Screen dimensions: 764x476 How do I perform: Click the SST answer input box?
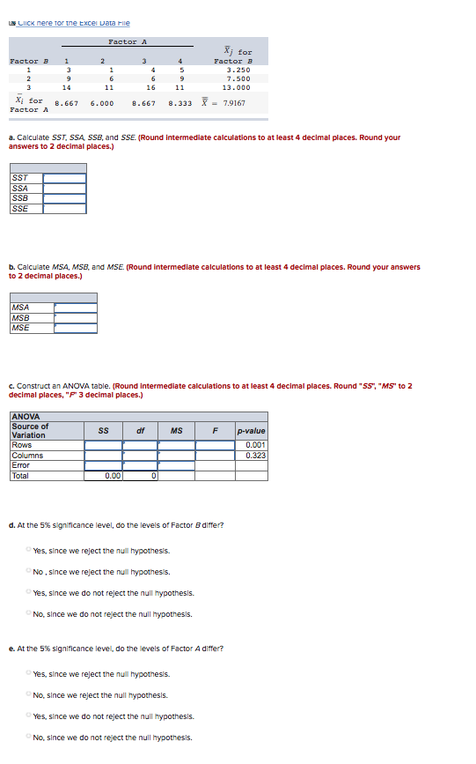65,178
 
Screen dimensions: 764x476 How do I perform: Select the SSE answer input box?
65,209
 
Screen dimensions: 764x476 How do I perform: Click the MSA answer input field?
75,308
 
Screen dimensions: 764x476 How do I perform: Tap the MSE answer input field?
75,328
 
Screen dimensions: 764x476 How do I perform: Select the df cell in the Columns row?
140,456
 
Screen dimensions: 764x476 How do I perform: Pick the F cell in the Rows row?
215,445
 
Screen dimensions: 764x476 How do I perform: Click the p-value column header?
252,431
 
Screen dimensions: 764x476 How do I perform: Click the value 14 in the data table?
66,88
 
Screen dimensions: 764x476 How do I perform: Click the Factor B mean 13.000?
238,88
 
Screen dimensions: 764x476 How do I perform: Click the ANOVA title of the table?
26,418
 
